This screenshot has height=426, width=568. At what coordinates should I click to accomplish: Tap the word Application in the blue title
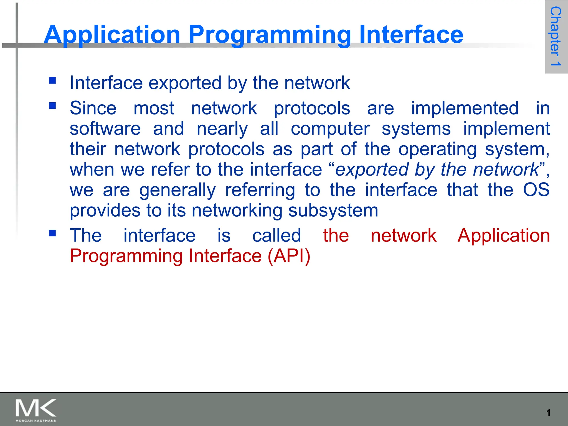click(112, 35)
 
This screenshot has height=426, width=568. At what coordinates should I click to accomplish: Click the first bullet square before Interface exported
click(52, 80)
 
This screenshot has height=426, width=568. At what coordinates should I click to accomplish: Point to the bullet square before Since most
click(52, 106)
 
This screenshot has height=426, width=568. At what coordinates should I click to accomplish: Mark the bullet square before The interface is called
click(52, 233)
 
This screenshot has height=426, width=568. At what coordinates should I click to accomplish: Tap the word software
click(105, 129)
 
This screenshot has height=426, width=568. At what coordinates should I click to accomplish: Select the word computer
click(330, 129)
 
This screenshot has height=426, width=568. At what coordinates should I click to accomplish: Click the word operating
click(437, 149)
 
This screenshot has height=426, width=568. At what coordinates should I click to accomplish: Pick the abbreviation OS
click(536, 190)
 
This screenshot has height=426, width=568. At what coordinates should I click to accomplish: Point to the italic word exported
click(372, 169)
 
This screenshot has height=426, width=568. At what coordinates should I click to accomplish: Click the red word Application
click(503, 235)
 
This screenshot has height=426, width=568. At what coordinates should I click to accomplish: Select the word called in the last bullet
click(277, 235)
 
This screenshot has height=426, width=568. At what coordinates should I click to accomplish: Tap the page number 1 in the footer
click(548, 413)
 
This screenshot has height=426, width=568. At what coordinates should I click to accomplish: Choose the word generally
click(177, 190)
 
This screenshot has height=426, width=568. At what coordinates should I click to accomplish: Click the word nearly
click(222, 129)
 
